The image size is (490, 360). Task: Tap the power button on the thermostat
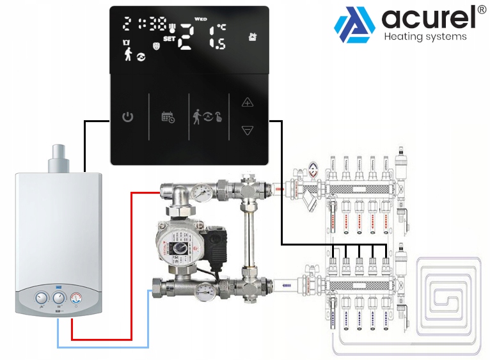128,117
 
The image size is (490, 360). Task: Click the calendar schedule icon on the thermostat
168,117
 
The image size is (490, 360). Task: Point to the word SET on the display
170,38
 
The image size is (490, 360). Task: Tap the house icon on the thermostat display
253,36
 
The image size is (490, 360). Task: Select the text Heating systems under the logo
425,36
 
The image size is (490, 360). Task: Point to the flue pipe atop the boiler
61,157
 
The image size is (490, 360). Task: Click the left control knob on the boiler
42,299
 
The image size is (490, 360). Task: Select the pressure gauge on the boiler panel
77,298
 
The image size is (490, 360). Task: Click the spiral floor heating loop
448,295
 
